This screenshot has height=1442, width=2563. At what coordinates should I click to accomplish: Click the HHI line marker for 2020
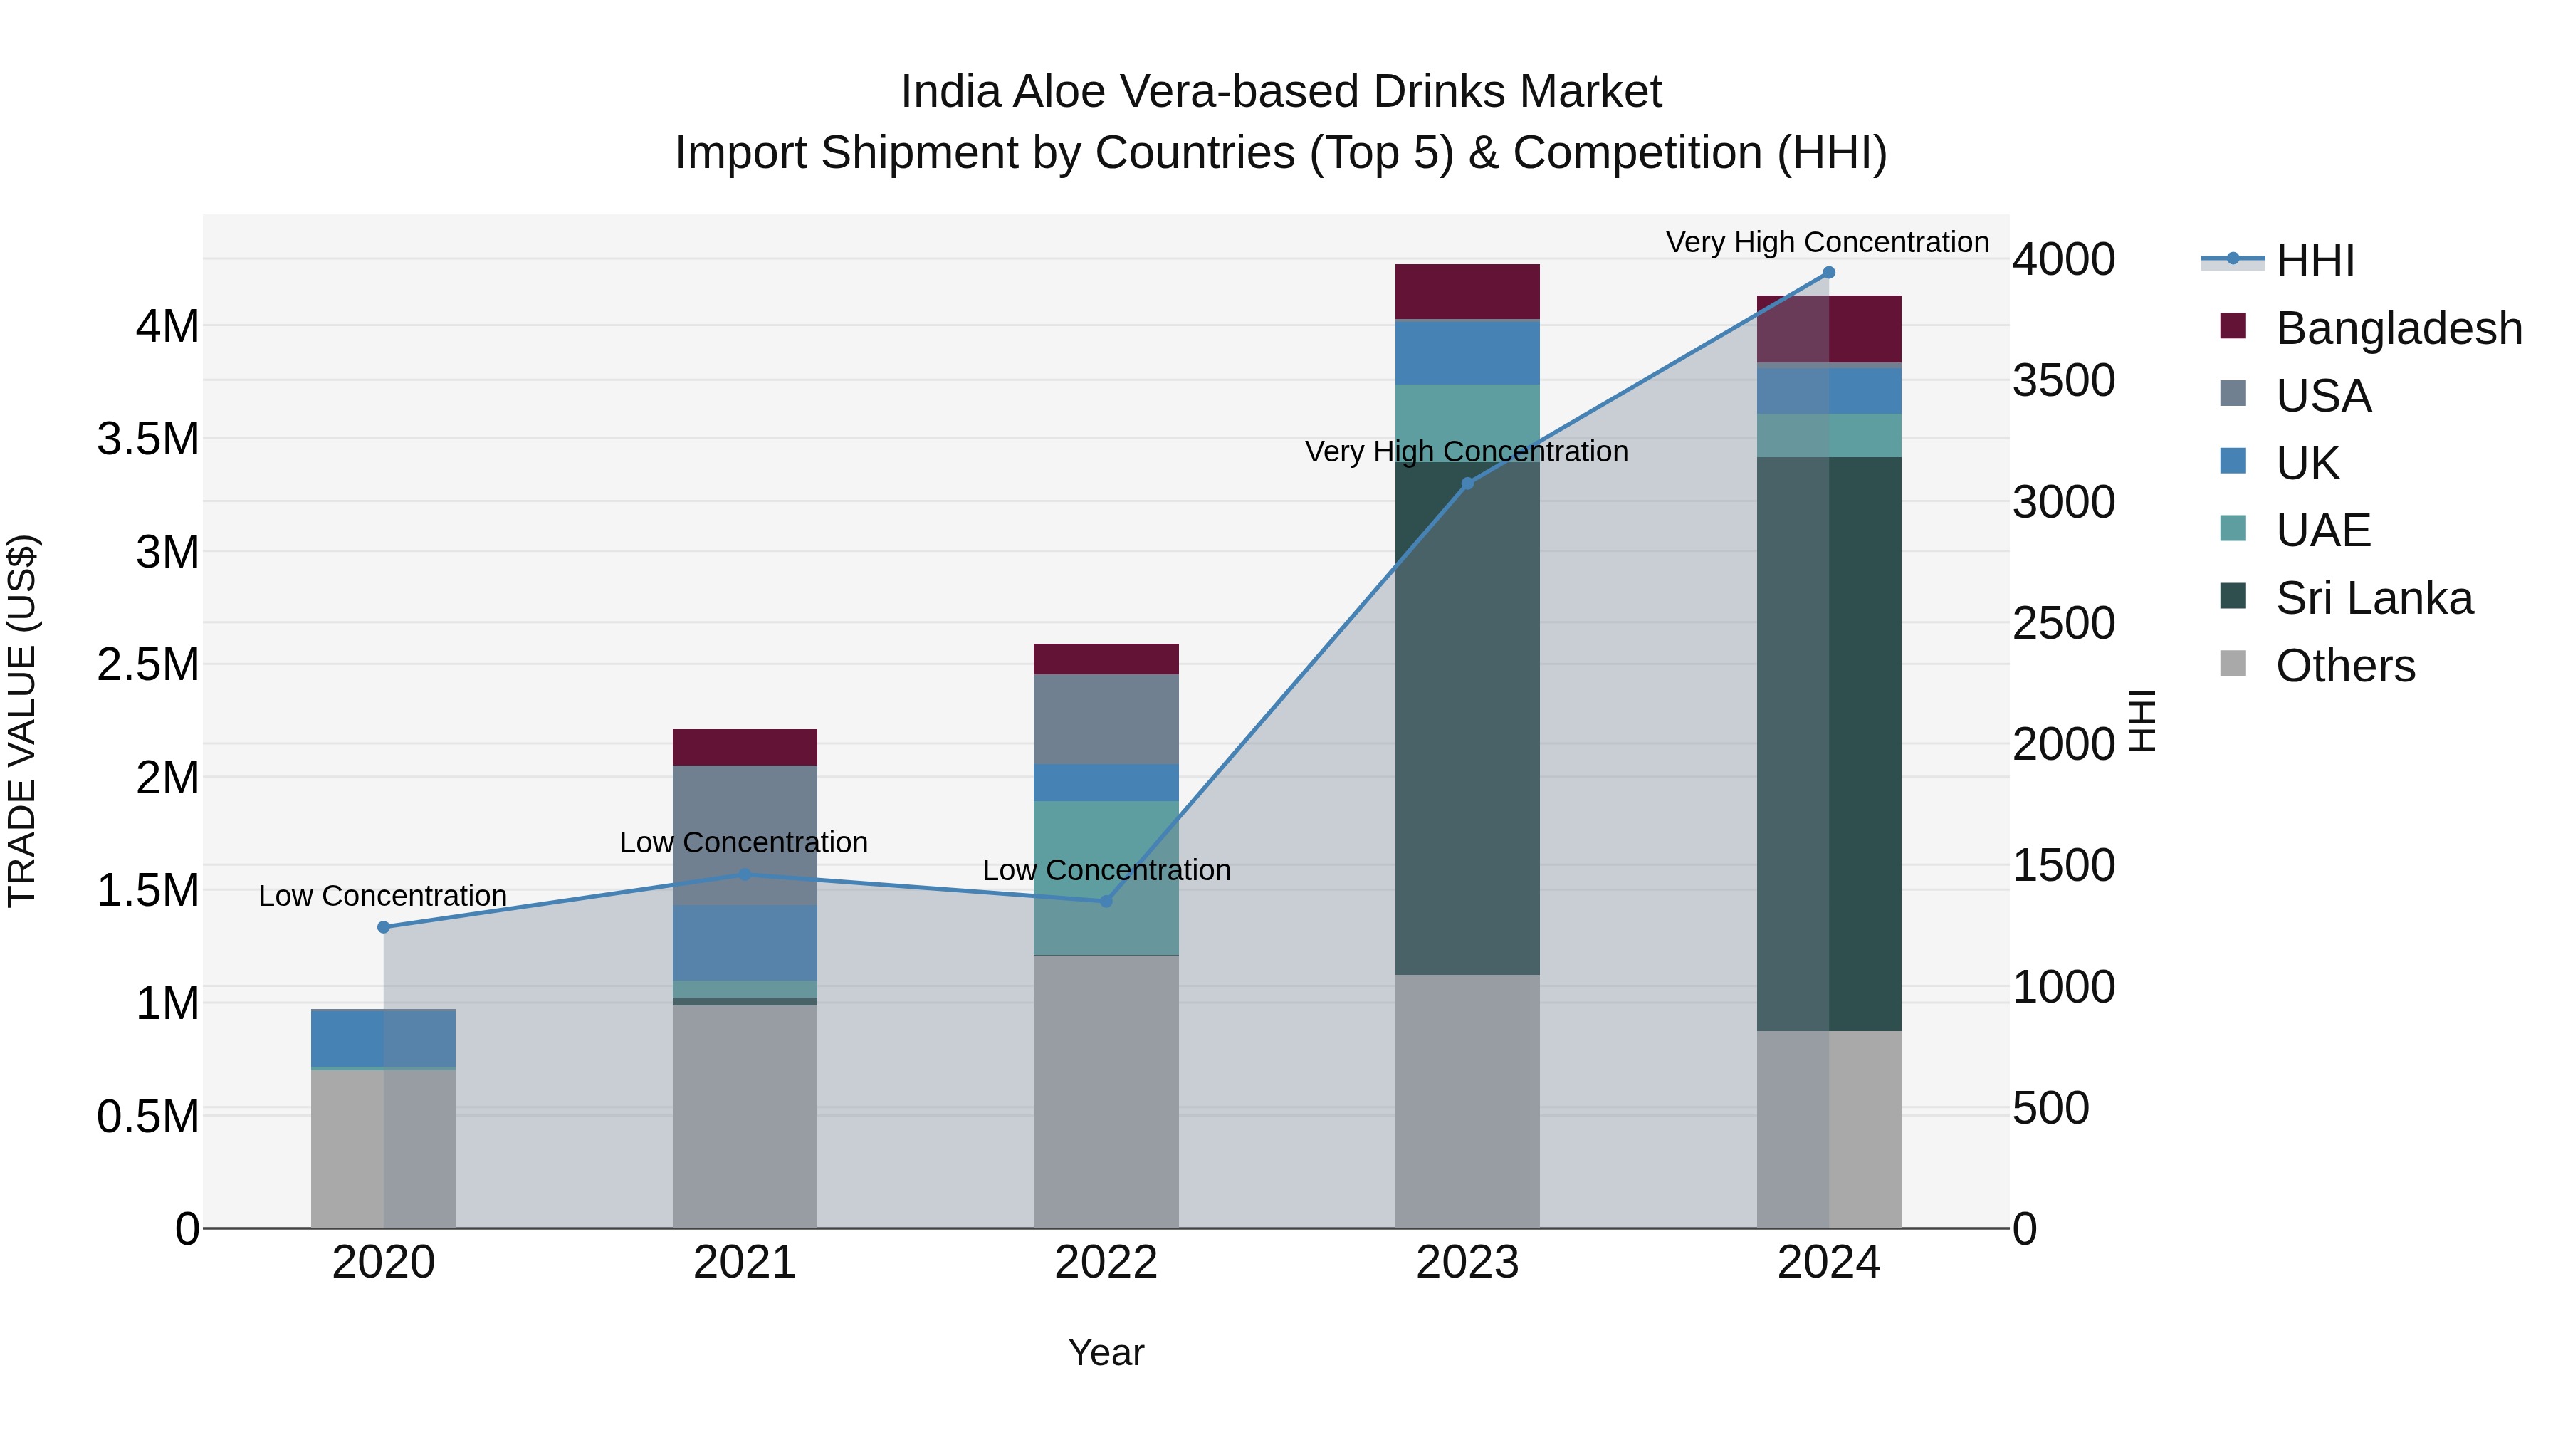coord(383,926)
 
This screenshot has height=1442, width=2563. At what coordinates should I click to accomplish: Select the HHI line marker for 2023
coord(1467,484)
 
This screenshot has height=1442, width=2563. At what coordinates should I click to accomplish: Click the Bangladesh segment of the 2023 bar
coord(1467,291)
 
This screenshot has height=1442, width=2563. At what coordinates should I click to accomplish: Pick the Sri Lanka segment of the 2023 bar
coord(1467,716)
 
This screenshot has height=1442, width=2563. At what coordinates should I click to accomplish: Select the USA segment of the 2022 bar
coord(1106,719)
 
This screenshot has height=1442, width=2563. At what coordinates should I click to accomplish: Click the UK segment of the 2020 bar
coord(383,1038)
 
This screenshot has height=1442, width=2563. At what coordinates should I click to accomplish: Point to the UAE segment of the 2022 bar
coord(1106,878)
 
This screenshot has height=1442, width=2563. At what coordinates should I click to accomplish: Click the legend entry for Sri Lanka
coord(2373,598)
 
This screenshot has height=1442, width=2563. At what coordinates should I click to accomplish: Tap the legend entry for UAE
coord(2322,531)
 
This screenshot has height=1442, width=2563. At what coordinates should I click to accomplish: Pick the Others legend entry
coord(2344,666)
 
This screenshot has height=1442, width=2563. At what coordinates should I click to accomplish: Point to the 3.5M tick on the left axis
coord(148,439)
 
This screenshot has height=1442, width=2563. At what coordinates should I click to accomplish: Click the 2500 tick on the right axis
coord(2063,623)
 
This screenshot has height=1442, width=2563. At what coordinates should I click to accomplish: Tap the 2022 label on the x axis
coord(1106,1263)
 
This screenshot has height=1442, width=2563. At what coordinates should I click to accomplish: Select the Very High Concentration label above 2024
coord(1827,242)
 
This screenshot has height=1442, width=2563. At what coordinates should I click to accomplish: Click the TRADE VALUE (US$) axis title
coord(22,721)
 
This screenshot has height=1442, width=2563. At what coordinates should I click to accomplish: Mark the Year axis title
coord(1106,1352)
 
